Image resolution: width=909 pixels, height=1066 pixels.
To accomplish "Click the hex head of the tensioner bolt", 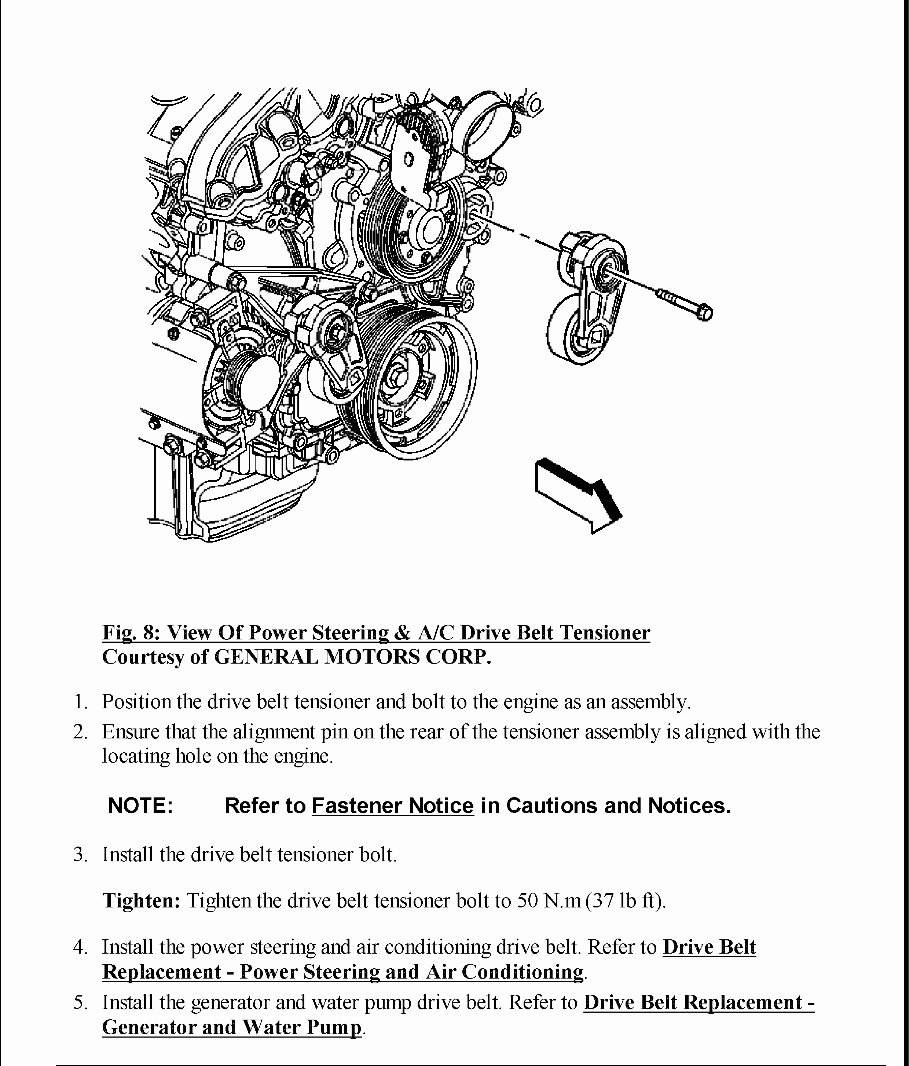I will coord(703,312).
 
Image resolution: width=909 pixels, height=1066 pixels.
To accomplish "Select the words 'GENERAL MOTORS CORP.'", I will coord(353,657).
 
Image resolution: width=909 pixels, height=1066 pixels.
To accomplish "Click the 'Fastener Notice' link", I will coord(392,806).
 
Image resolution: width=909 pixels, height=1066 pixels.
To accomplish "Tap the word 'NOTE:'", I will coord(140,806).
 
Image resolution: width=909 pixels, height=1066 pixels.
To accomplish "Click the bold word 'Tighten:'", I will coord(141,901).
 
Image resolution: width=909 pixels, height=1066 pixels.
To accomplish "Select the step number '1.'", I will coord(82,702).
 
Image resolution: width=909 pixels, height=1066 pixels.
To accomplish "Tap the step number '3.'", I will coord(82,855).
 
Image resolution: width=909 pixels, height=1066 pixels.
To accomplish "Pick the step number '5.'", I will coord(82,1003).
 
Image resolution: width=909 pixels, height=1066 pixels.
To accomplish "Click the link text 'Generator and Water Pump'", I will coord(232,1028).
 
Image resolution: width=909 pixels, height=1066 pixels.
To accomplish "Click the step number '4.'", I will coord(82,947).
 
